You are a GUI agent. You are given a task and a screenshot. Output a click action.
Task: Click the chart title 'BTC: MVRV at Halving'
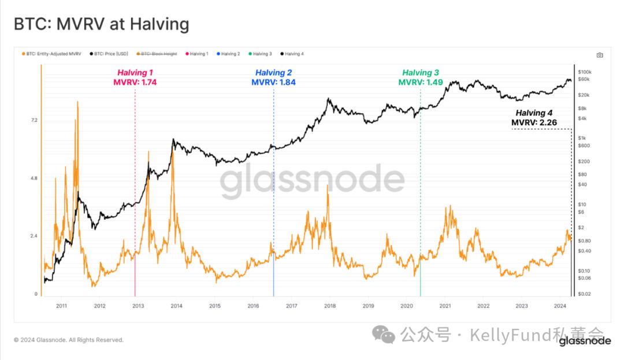101,24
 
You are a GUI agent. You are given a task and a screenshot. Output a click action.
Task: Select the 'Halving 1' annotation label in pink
135,73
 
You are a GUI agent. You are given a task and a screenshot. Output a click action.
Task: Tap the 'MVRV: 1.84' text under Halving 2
273,83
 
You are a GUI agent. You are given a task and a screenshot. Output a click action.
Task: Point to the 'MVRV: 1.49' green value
420,83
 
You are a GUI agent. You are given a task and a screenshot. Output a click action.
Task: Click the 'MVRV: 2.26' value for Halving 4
534,123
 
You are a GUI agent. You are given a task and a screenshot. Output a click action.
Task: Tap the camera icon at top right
600,55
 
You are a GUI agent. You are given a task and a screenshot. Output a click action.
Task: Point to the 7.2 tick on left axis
34,120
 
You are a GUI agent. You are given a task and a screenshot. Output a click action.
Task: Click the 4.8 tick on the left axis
34,179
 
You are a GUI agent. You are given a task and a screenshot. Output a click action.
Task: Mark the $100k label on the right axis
585,72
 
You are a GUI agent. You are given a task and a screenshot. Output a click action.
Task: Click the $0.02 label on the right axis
584,294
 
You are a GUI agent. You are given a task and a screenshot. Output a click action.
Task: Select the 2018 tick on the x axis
329,306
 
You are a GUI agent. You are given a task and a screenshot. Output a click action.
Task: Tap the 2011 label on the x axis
61,306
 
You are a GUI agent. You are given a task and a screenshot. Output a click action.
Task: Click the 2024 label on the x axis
559,306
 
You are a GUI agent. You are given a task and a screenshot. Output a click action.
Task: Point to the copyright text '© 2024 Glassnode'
68,340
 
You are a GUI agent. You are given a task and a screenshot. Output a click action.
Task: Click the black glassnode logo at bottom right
585,341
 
